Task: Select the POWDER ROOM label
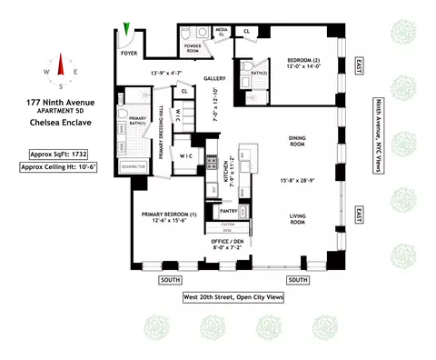[193, 46]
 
